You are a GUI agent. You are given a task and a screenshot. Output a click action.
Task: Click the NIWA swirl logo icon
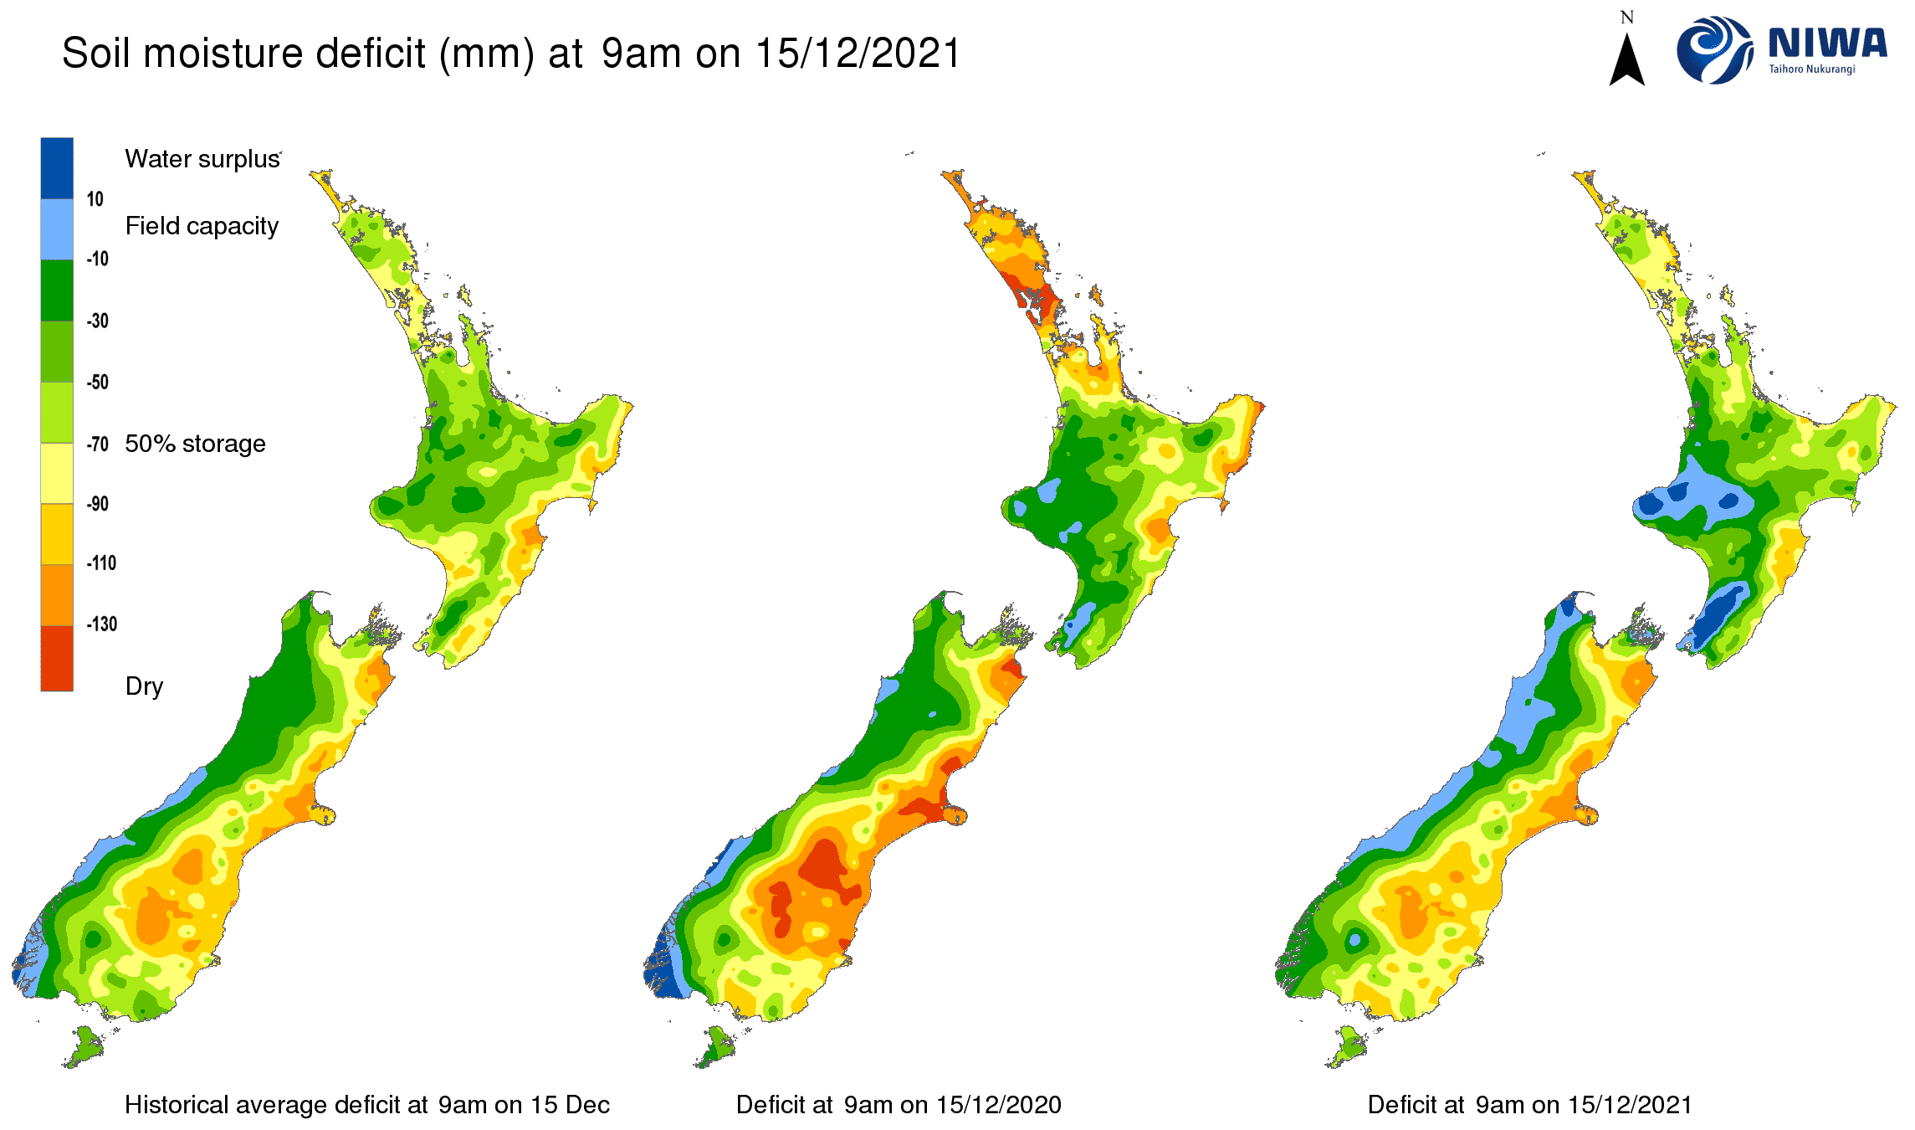[1713, 50]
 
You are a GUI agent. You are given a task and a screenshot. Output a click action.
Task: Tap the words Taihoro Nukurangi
[1811, 69]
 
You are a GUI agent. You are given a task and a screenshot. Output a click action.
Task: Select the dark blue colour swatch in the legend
[57, 167]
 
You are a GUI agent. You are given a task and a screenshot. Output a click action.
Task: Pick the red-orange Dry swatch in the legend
[57, 659]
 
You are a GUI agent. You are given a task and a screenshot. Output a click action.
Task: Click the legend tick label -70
[98, 444]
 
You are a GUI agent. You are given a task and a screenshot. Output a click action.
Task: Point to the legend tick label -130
[101, 624]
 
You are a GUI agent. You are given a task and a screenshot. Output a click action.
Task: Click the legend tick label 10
[95, 199]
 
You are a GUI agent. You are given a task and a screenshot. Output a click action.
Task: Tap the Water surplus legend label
[202, 159]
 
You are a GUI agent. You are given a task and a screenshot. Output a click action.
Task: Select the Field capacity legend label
[202, 226]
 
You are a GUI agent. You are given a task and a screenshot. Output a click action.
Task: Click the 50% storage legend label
[195, 444]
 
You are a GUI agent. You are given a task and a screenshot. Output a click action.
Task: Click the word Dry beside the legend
[144, 686]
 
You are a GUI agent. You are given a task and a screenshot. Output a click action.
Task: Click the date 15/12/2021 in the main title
[858, 54]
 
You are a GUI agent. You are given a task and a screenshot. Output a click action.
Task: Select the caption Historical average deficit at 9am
[366, 1105]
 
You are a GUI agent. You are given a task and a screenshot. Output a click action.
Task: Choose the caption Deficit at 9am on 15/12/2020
[899, 1105]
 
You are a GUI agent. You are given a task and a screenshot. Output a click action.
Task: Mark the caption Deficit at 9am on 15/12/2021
[1529, 1105]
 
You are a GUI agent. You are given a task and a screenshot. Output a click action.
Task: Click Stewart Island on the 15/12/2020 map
[716, 1047]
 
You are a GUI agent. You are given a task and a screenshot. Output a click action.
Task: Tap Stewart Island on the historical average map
[84, 1047]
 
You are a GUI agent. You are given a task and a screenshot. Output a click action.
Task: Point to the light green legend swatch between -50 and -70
[57, 413]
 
